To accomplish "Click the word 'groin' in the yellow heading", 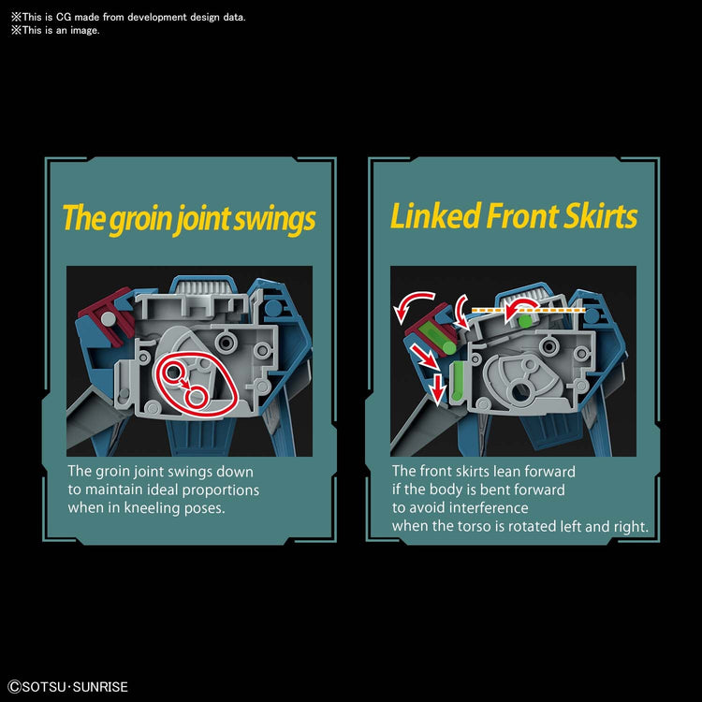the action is pyautogui.click(x=140, y=219).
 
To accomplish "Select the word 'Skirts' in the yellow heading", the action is pyautogui.click(x=600, y=216).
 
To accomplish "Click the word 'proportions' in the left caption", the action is pyautogui.click(x=221, y=490).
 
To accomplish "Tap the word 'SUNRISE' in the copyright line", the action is pyautogui.click(x=100, y=687).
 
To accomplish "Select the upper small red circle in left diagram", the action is pyautogui.click(x=173, y=372).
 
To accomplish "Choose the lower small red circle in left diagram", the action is pyautogui.click(x=197, y=397).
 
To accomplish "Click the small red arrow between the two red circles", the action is pyautogui.click(x=183, y=384).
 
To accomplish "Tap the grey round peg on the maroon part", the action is pyautogui.click(x=108, y=318).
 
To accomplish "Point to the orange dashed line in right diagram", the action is pyautogui.click(x=528, y=310).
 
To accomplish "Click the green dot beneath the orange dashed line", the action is pyautogui.click(x=525, y=321).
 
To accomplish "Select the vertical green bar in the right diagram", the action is pyautogui.click(x=458, y=381).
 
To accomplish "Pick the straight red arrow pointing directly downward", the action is pyautogui.click(x=437, y=388).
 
